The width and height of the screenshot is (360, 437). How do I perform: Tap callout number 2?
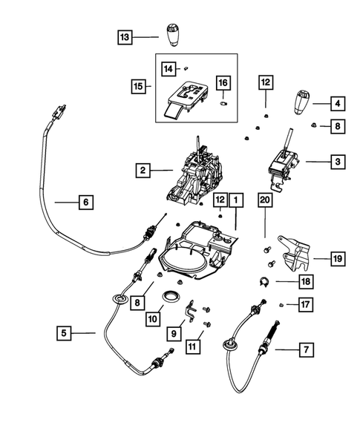(x=141, y=171)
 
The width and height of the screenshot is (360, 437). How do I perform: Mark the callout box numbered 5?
(x=66, y=334)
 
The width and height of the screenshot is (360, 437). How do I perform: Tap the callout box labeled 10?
(x=152, y=318)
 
